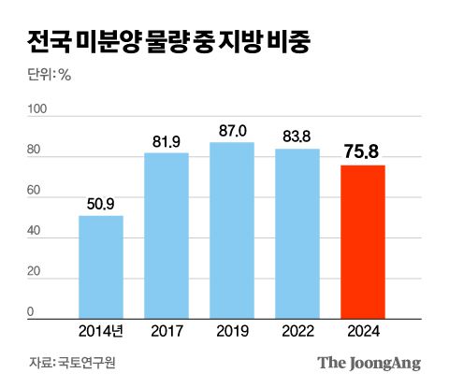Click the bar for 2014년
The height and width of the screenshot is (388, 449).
tap(101, 267)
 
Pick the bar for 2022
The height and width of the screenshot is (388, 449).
tap(297, 234)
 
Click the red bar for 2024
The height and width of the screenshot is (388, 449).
tap(363, 242)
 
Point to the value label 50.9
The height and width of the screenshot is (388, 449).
tap(101, 203)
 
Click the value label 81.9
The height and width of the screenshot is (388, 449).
tap(167, 140)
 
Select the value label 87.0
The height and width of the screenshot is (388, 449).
tap(232, 129)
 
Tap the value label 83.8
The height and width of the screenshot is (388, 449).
tap(297, 136)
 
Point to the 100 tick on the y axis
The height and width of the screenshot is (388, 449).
tap(38, 110)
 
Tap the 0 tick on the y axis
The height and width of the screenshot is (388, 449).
tap(32, 312)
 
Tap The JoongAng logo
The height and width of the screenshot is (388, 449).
tap(369, 363)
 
